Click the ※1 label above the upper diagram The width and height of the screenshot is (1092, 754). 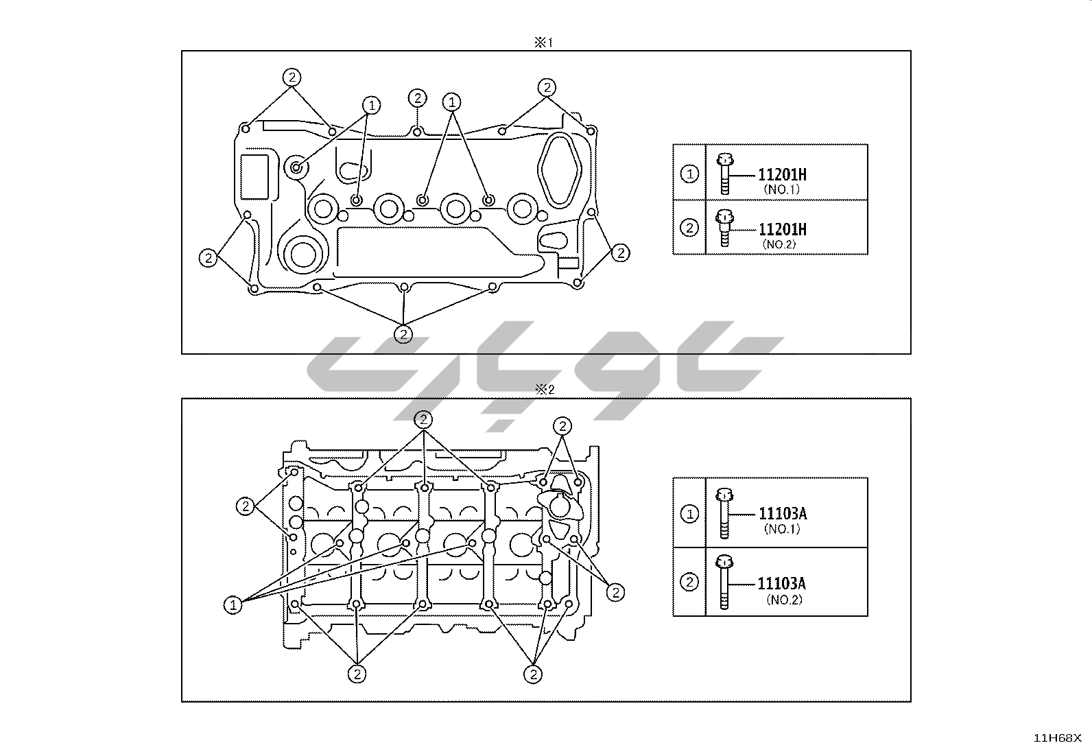[x=543, y=43]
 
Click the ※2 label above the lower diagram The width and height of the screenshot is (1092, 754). [x=544, y=390]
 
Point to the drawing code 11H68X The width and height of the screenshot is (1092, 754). [x=1057, y=738]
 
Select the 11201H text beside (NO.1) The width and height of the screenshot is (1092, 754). [x=782, y=175]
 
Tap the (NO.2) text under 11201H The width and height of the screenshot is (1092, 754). [x=779, y=244]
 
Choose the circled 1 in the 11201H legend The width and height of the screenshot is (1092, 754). [x=689, y=174]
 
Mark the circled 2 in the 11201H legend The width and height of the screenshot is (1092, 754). [x=689, y=228]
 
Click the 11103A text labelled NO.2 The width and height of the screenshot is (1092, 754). [x=781, y=584]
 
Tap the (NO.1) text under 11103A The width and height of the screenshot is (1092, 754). [x=781, y=529]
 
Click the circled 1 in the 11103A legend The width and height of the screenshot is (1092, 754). [x=689, y=513]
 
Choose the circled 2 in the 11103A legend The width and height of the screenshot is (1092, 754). [x=689, y=582]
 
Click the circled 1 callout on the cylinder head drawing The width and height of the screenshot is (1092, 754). [x=233, y=605]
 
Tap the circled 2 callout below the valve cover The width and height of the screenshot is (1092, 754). [x=403, y=334]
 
